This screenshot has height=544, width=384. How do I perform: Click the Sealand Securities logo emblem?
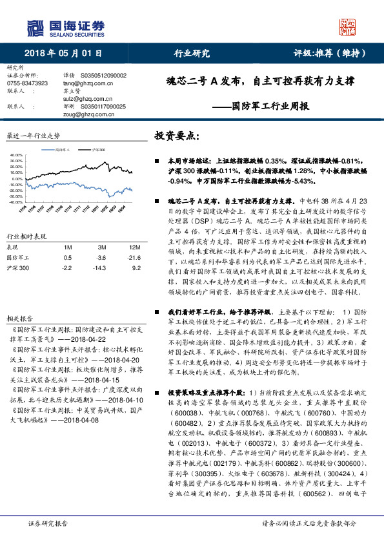coord(34,28)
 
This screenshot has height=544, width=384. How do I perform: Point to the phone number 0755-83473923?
coord(27,83)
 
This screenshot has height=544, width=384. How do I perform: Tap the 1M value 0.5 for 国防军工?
coord(66,257)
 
